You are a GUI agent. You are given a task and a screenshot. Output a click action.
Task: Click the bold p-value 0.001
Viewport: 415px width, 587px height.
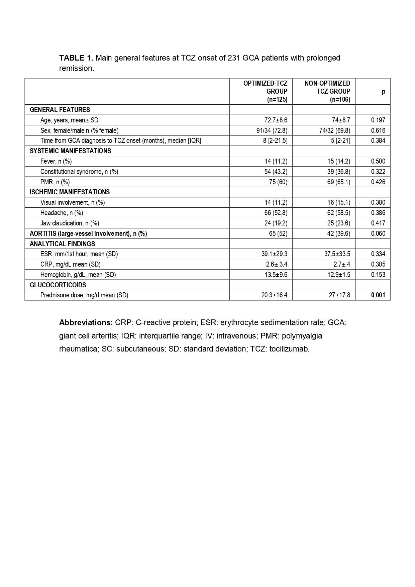(x=378, y=295)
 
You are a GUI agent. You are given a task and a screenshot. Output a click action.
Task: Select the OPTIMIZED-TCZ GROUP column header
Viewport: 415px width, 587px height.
(x=265, y=91)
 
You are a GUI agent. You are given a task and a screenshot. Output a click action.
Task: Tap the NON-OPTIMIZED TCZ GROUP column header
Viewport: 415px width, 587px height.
(x=327, y=91)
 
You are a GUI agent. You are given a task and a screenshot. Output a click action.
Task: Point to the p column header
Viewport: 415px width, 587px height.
(x=384, y=91)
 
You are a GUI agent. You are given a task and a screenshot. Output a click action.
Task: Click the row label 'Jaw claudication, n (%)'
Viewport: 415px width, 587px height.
(x=70, y=223)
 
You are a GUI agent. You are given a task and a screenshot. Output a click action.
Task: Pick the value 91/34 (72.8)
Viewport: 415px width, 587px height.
(x=272, y=130)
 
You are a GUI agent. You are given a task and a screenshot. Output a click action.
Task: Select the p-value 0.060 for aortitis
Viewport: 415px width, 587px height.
(x=378, y=233)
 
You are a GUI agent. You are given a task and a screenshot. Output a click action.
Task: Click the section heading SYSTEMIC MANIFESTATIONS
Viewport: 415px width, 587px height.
(x=70, y=151)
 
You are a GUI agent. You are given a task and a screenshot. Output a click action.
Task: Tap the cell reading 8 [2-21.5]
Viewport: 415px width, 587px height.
(x=275, y=140)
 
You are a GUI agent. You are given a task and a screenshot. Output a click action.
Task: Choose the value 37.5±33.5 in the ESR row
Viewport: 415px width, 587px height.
(x=337, y=254)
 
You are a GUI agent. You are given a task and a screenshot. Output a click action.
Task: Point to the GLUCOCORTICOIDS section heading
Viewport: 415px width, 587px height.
(x=58, y=285)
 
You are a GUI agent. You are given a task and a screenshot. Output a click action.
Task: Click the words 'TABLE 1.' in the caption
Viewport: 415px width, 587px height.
(x=76, y=58)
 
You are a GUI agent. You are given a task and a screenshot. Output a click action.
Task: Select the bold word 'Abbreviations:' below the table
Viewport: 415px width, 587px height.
(x=86, y=322)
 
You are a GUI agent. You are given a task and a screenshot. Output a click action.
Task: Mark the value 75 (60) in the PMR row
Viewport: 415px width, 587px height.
(x=276, y=182)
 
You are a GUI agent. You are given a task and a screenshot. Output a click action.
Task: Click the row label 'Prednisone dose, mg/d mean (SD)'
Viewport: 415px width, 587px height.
(x=84, y=295)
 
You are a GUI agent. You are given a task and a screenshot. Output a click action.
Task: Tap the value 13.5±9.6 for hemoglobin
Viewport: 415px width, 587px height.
(x=274, y=275)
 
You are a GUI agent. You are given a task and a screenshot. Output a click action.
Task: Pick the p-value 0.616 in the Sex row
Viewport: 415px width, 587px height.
(x=378, y=130)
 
